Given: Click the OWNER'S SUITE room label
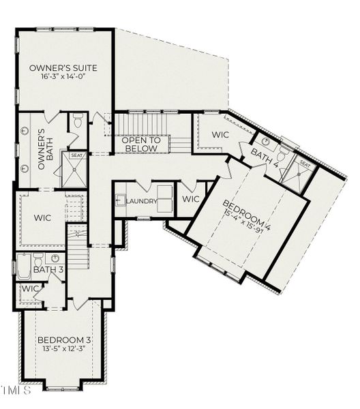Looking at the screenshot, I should pos(63,68).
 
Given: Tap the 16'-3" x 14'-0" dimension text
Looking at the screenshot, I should pos(63,78).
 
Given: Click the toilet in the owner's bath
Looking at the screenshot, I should pos(77,123).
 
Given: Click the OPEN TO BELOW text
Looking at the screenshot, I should pos(140,144).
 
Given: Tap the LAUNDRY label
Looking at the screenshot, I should pos(142,201).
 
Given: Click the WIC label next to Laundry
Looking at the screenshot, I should pos(191,199).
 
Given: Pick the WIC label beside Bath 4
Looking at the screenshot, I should pos(220,135).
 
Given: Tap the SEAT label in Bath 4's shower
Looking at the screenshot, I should pos(305,164).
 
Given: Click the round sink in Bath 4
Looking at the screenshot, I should pos(265,143).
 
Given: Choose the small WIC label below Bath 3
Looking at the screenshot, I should pos(30,289).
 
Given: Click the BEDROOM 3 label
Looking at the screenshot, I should pos(64,339).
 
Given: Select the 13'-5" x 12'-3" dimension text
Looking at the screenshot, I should pos(64,349).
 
